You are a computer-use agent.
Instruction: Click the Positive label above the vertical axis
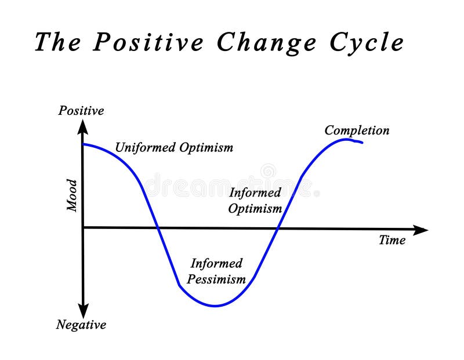coord(81,110)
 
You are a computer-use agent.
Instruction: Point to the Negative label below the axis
coord(81,325)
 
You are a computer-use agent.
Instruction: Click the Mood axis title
coord(72,195)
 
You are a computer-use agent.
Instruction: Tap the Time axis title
coord(392,240)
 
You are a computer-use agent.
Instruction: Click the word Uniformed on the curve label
coord(144,147)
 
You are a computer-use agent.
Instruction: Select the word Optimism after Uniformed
coord(206,147)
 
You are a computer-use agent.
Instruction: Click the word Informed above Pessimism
coord(216,263)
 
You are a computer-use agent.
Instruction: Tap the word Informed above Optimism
coord(255,192)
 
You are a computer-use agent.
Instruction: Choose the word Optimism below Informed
coord(255,208)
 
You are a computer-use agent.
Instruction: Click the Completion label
coord(357,130)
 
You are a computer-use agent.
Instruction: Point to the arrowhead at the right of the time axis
coord(422,230)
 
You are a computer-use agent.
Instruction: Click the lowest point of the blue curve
coord(215,306)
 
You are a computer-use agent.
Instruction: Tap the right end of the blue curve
coord(362,142)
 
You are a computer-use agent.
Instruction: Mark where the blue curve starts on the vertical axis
coord(84,144)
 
